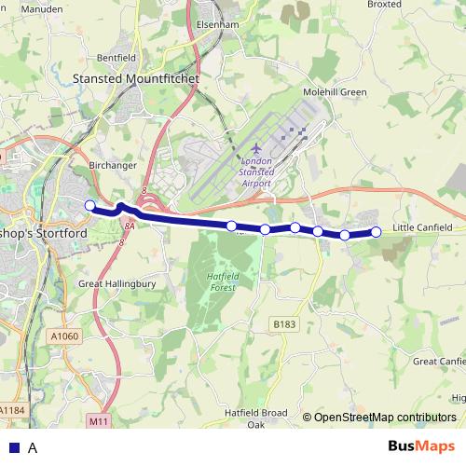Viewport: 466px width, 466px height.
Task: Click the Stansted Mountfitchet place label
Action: (x=136, y=81)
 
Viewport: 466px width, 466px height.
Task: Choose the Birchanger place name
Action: (x=113, y=166)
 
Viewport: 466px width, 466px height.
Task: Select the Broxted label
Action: (x=411, y=5)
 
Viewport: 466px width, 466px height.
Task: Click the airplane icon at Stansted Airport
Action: (x=256, y=150)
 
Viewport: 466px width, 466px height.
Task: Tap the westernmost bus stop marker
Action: (x=89, y=205)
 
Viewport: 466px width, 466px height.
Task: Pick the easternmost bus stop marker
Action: (x=377, y=232)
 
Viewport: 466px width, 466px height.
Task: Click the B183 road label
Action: (x=285, y=322)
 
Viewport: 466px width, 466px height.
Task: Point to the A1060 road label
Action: (x=66, y=336)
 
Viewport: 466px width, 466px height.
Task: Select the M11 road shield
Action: (x=100, y=422)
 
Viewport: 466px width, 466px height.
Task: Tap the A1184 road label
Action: (x=12, y=409)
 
